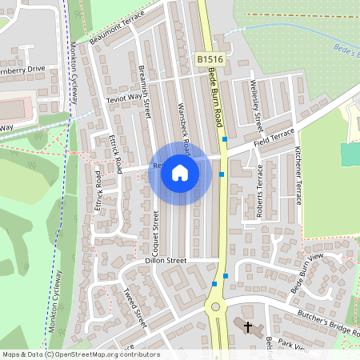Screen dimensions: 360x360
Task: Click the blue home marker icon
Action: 180,172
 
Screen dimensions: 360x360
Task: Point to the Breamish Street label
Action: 144,91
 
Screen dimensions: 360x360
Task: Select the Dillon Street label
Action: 166,261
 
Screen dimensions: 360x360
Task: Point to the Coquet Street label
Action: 155,231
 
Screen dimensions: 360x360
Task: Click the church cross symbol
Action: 248,327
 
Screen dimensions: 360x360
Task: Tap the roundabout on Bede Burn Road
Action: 214,306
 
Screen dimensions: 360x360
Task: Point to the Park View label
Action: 294,347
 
